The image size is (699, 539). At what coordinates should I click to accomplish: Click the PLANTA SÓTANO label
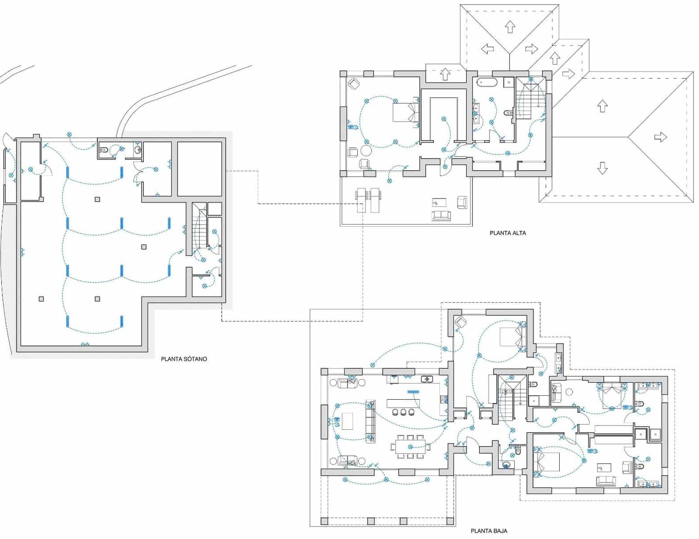click(x=184, y=359)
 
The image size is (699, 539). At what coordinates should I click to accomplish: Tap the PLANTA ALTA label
click(x=508, y=233)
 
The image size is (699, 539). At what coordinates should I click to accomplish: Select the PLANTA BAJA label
click(x=489, y=531)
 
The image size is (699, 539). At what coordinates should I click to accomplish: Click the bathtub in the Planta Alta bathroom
click(x=487, y=82)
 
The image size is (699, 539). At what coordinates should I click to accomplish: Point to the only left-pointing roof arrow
click(x=487, y=49)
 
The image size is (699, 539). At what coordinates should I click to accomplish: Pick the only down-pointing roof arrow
click(x=602, y=168)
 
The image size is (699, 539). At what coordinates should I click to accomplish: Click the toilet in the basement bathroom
click(x=103, y=150)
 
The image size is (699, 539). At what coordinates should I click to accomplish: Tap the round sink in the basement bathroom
click(x=138, y=150)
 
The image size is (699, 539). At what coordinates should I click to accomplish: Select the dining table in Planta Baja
click(x=410, y=447)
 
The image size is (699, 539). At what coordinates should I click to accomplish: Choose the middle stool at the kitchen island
click(x=403, y=412)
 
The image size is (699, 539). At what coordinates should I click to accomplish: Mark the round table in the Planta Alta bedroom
click(x=366, y=150)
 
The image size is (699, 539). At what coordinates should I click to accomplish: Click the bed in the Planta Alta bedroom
click(x=405, y=112)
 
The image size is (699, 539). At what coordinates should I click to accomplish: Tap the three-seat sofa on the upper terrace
click(x=441, y=215)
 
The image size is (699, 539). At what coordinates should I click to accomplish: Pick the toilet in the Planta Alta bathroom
click(x=508, y=112)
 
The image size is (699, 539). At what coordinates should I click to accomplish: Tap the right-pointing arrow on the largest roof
click(x=660, y=137)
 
